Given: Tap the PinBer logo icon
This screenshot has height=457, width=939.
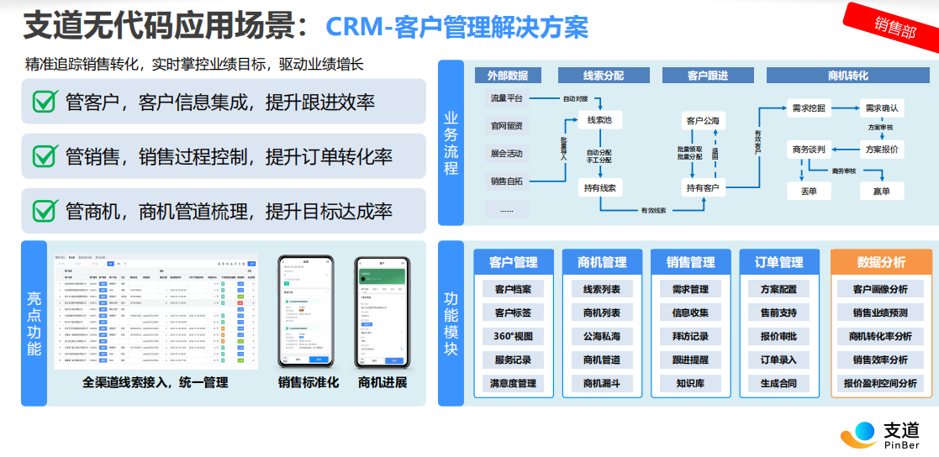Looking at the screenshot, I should point(858,434).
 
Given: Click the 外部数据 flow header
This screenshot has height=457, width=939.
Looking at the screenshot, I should point(508,76).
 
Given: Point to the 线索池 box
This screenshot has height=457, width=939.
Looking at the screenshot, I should point(599,121).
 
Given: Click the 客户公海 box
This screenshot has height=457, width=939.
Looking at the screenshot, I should point(703,121).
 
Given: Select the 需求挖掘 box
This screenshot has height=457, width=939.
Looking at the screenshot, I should point(808,108).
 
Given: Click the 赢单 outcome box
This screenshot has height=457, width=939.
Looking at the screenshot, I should point(881,192).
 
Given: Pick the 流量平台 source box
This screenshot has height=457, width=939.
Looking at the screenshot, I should point(507,98).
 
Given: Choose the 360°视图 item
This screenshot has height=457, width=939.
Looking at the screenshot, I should point(513,336).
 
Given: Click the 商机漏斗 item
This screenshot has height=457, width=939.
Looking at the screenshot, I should point(602,383).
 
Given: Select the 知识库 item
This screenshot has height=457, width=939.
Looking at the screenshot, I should point(690,383).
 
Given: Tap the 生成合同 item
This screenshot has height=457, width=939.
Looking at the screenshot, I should point(778,383).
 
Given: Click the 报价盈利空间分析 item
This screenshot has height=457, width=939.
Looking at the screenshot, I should point(880,383).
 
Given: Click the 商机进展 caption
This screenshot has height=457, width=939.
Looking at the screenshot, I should point(382,383).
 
